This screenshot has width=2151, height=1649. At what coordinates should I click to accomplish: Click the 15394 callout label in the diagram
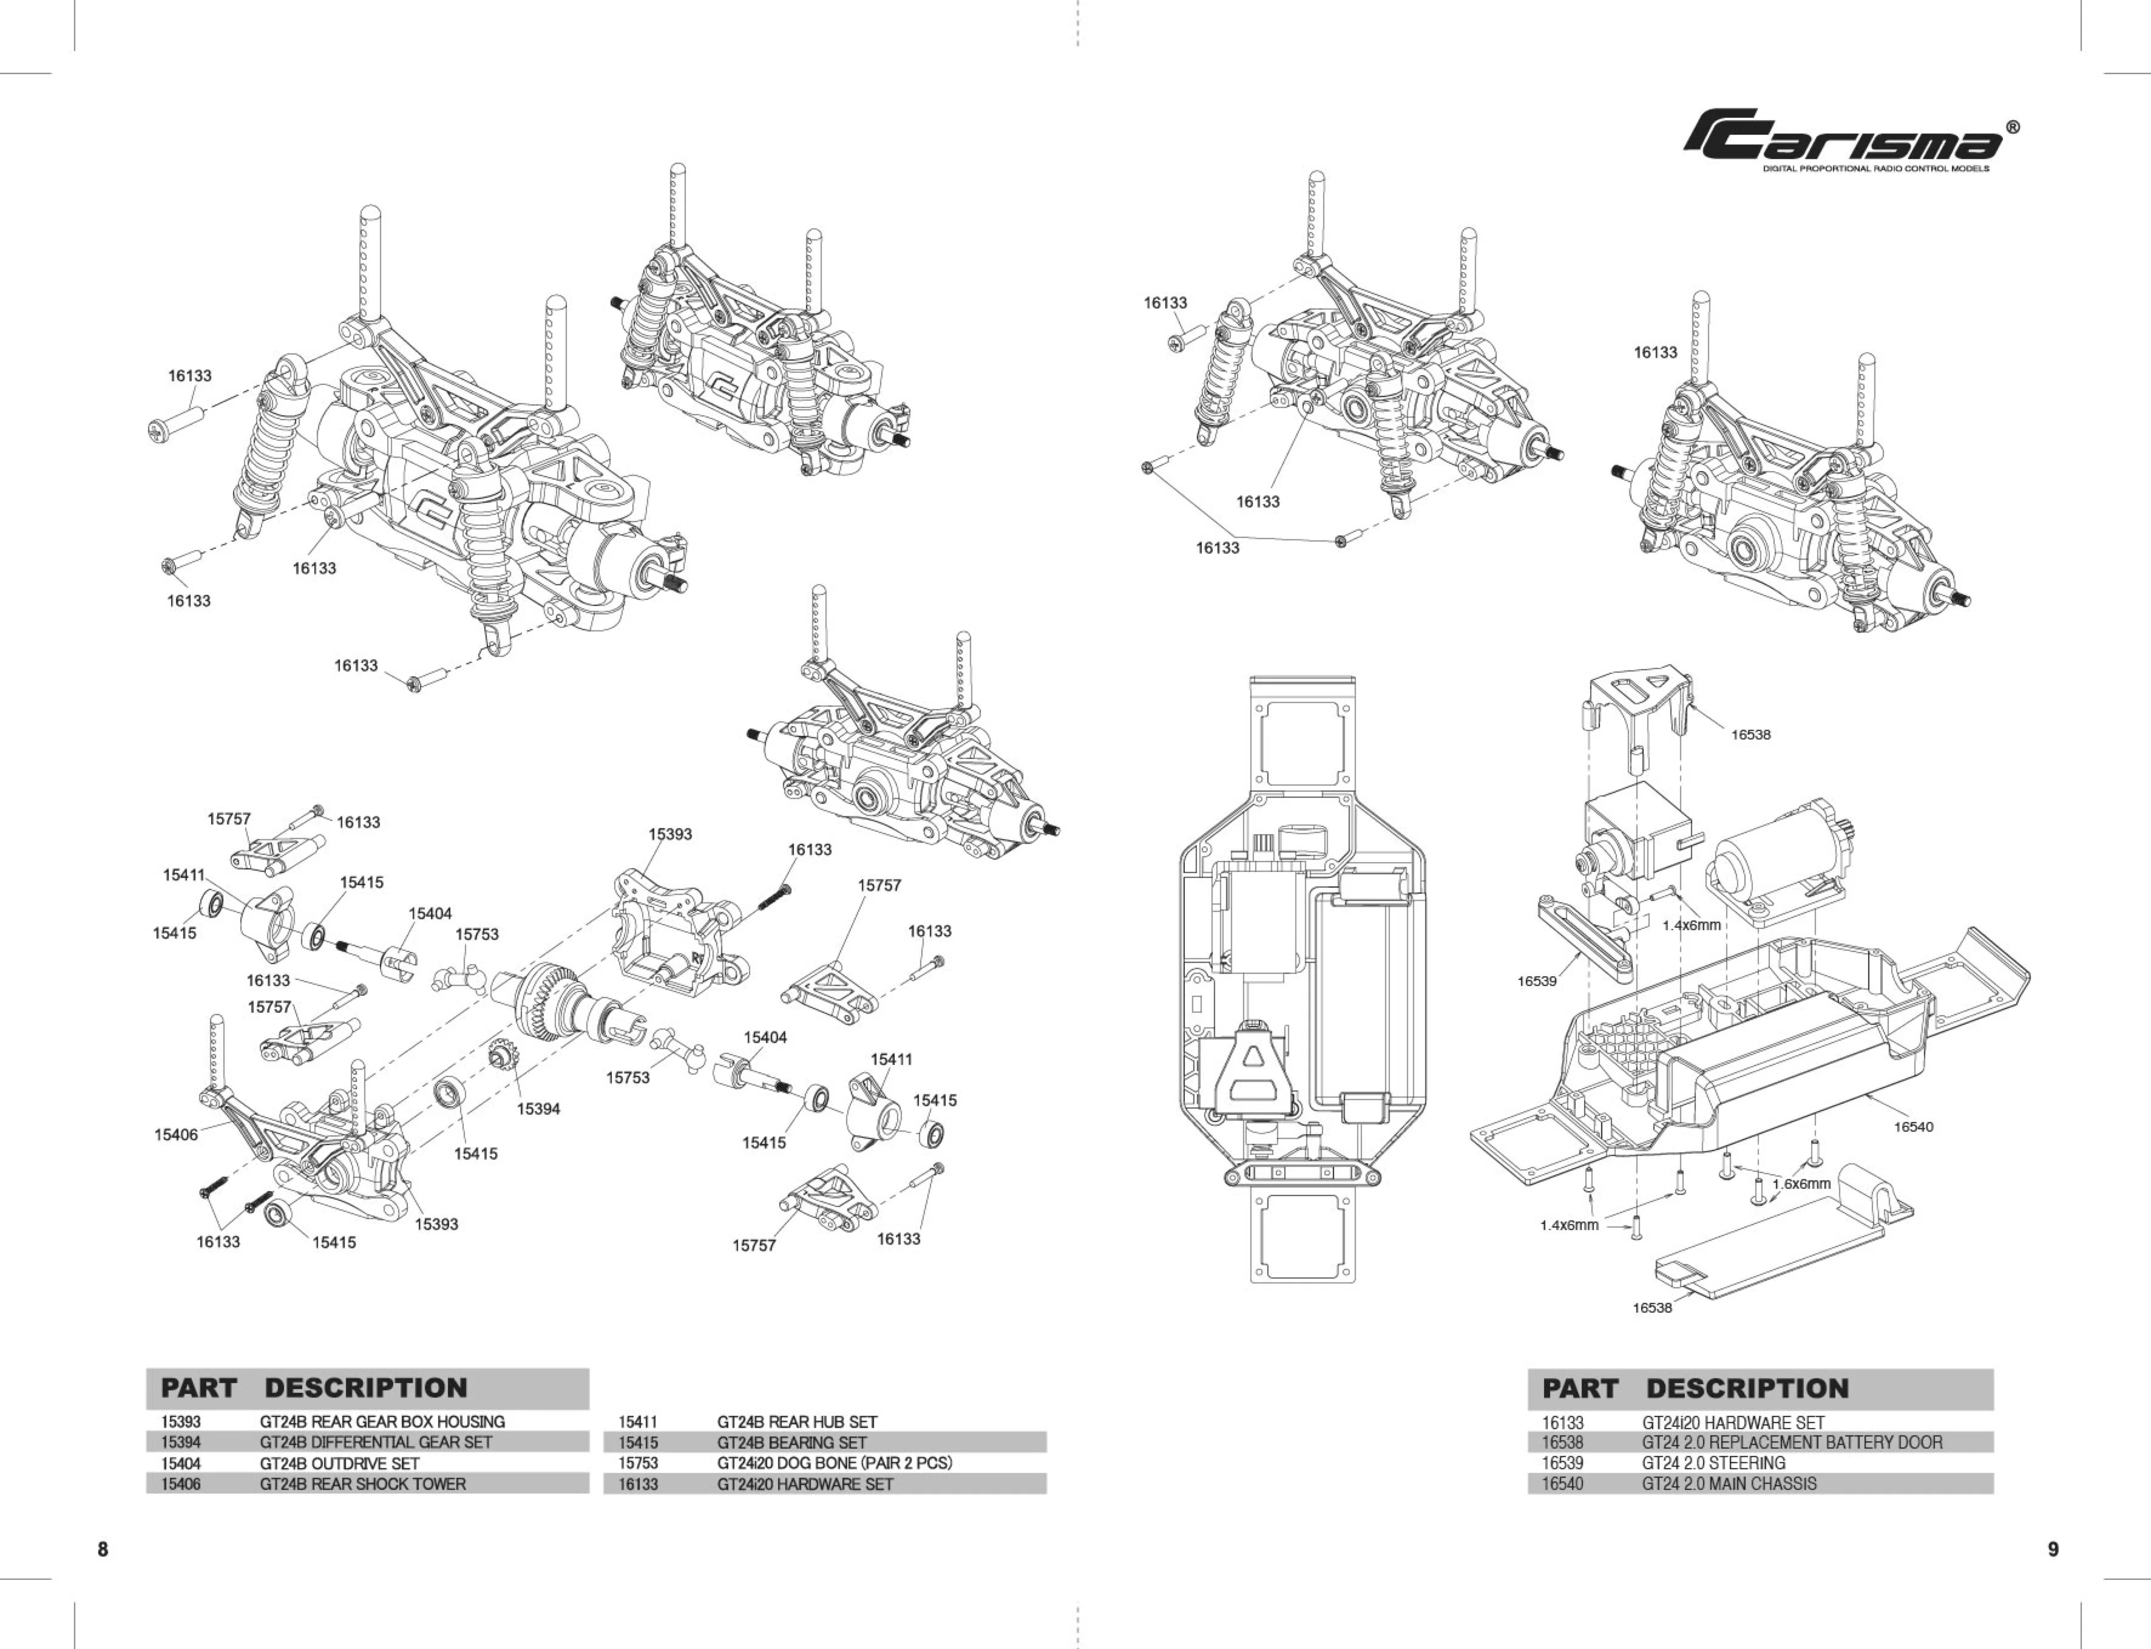[539, 1109]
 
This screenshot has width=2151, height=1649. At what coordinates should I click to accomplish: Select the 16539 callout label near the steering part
[1537, 981]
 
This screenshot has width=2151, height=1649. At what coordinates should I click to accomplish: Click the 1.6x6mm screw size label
[1801, 1184]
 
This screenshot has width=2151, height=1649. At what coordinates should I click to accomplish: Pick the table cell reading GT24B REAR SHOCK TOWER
[362, 1484]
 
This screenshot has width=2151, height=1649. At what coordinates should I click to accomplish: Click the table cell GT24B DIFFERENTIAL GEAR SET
[376, 1442]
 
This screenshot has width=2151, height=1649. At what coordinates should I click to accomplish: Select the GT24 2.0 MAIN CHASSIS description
[1729, 1484]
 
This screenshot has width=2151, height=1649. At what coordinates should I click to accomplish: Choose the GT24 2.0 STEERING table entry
[1713, 1463]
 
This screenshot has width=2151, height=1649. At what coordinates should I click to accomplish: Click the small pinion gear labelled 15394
[506, 1060]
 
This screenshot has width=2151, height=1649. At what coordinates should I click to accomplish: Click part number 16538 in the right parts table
[1562, 1442]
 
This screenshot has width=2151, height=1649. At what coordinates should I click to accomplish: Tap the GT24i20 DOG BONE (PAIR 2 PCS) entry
[834, 1463]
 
